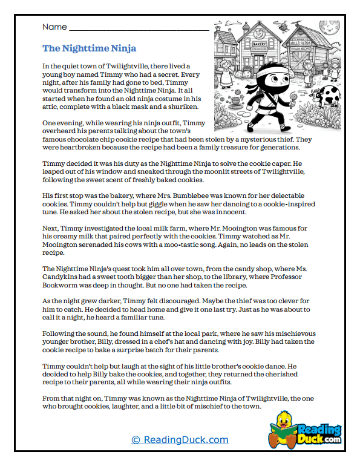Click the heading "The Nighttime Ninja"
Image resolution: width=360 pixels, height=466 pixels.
(x=89, y=48)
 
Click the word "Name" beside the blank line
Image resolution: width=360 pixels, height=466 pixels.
(x=54, y=28)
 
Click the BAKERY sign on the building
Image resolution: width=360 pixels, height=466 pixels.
(x=260, y=44)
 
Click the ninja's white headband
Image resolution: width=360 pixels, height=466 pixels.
(x=264, y=77)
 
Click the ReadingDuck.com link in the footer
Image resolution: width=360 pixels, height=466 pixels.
(x=180, y=440)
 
